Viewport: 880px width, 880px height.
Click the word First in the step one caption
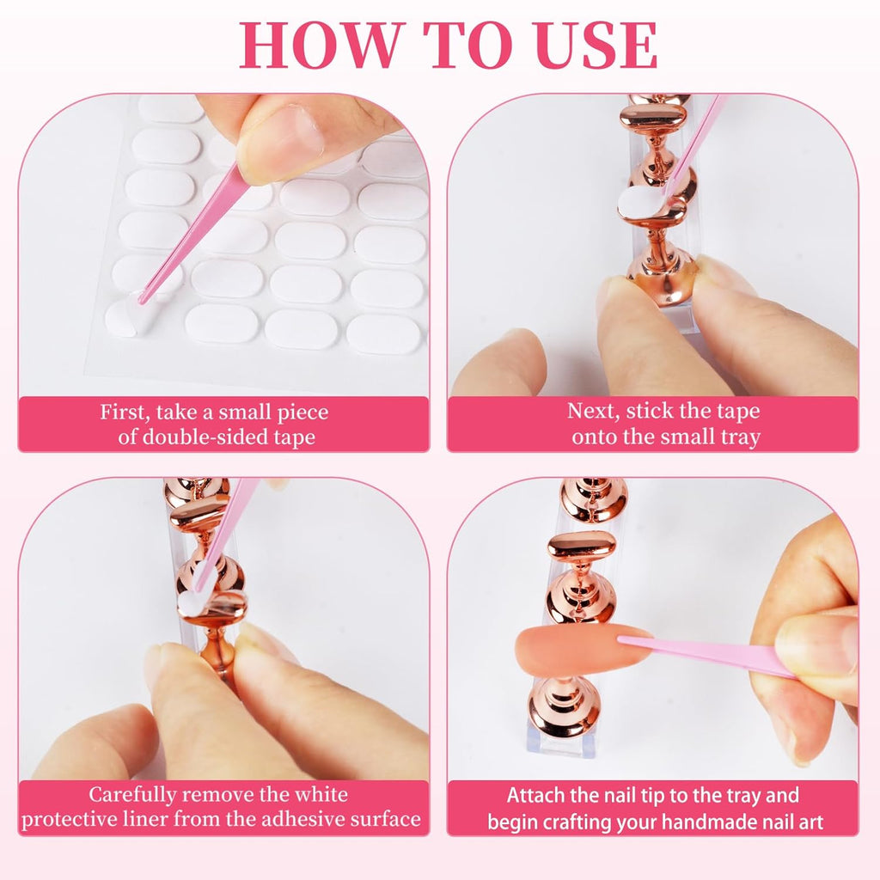click(125, 412)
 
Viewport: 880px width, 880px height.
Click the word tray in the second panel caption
click(740, 437)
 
